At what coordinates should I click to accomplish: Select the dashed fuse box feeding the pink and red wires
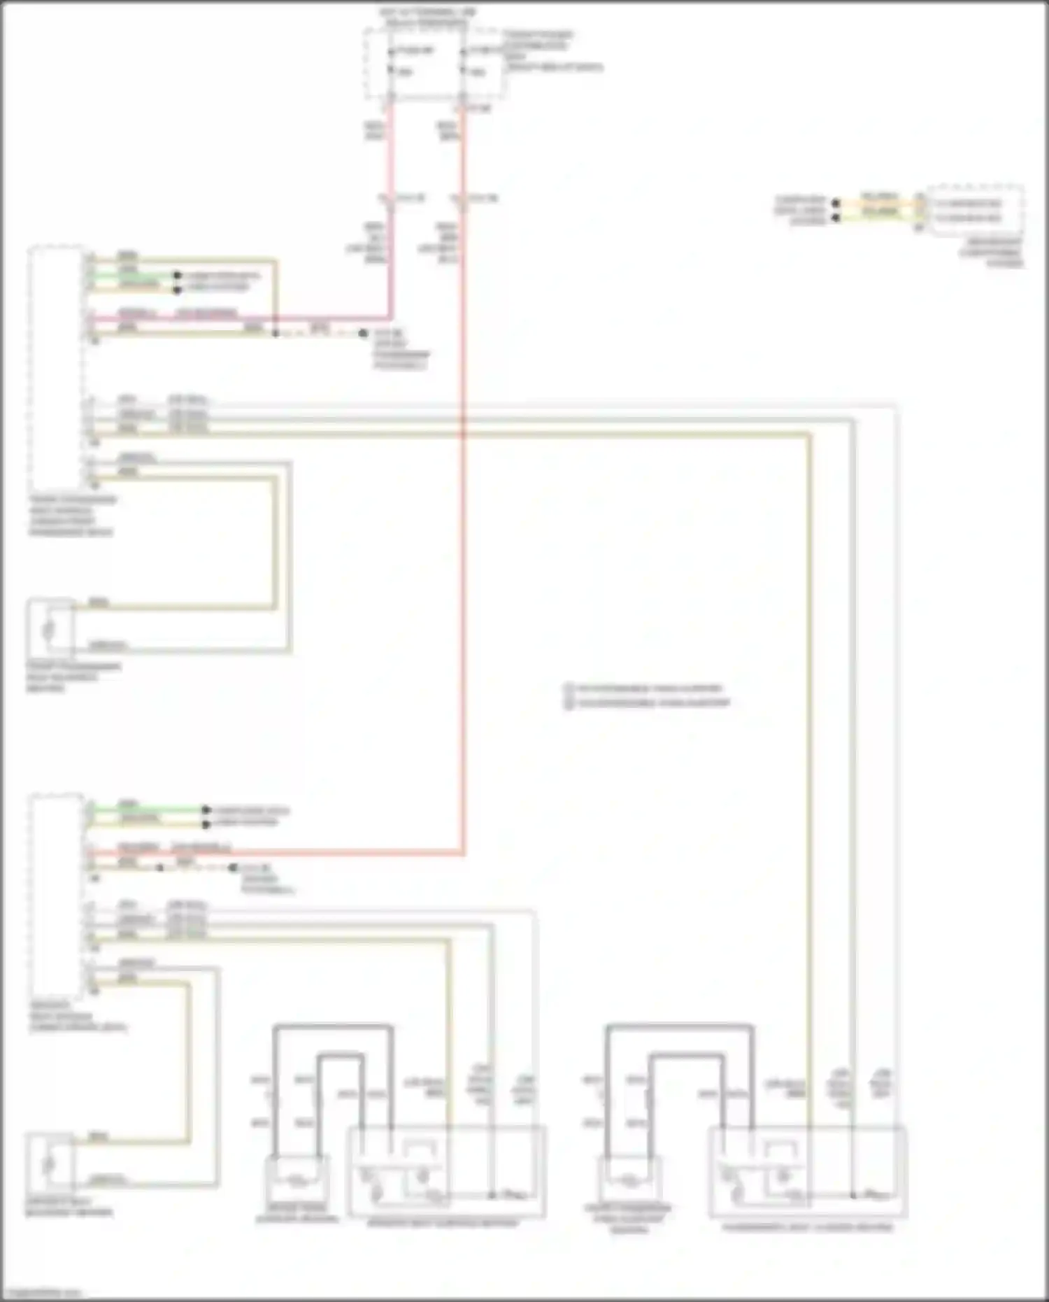tap(434, 63)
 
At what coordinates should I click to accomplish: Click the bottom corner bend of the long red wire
tap(462, 853)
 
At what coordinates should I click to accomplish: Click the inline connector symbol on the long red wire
tap(459, 199)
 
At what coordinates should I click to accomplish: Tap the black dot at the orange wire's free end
tap(836, 204)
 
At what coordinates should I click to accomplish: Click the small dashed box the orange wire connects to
tap(976, 210)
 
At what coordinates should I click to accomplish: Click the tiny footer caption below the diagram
tap(42, 1293)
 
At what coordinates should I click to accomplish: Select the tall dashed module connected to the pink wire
tap(56, 367)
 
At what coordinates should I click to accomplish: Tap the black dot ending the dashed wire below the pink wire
tap(363, 334)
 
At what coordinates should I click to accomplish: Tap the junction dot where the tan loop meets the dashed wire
tap(276, 334)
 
